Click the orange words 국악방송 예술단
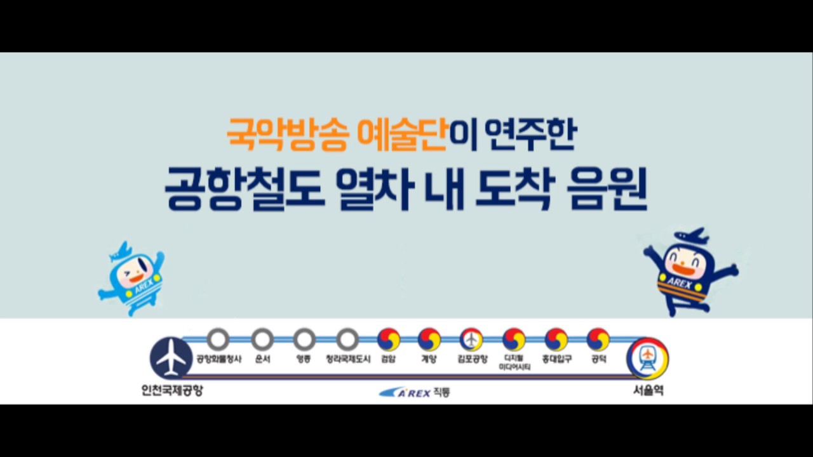coord(337,134)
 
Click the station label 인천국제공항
coord(172,390)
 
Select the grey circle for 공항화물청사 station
coord(218,340)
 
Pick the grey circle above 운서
coord(262,340)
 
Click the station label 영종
coord(304,359)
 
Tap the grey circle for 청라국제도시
coord(347,340)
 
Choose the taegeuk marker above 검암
coord(389,340)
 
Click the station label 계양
coord(429,359)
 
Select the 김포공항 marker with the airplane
coord(471,340)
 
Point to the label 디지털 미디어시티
coord(514,362)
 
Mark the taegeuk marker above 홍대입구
coord(556,340)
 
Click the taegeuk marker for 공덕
coord(598,340)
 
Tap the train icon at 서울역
coord(647,359)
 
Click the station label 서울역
coord(648,390)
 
